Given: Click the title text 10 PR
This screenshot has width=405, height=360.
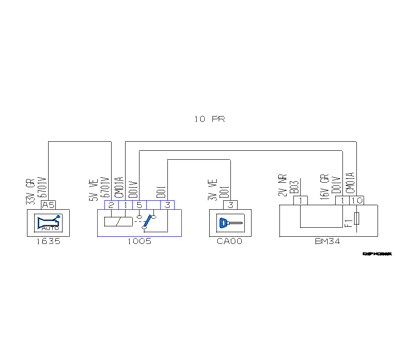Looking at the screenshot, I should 209,119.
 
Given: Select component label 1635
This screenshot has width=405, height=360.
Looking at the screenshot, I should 48,241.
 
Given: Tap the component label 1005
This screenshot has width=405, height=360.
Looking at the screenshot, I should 139,241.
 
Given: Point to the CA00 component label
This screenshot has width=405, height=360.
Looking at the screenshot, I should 229,241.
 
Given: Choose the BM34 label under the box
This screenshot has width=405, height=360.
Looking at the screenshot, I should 327,241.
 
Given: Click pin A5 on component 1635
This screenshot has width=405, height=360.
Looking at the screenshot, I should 48,205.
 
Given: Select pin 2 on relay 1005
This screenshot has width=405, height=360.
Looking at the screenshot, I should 111,205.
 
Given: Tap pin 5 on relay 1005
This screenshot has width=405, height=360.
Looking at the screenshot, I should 139,205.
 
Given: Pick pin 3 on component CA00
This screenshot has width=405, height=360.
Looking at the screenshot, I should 230,205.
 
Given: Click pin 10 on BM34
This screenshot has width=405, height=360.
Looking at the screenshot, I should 357,201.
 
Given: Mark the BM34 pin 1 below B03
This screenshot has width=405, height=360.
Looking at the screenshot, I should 300,201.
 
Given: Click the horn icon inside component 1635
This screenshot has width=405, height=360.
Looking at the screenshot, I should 48,222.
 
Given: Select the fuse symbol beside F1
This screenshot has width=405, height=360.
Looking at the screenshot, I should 357,219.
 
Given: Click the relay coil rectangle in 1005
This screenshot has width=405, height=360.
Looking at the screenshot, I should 118,221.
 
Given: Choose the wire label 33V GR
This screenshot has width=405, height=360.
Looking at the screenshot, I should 30,193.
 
